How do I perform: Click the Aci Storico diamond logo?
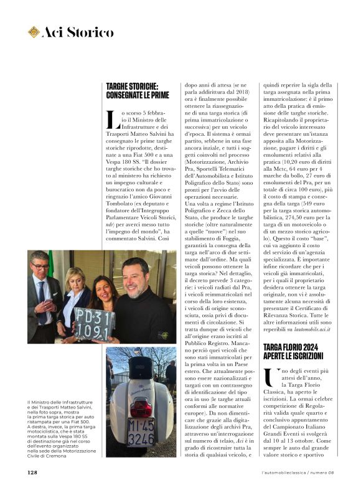click(x=34, y=32)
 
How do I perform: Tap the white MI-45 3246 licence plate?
click(x=141, y=430)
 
